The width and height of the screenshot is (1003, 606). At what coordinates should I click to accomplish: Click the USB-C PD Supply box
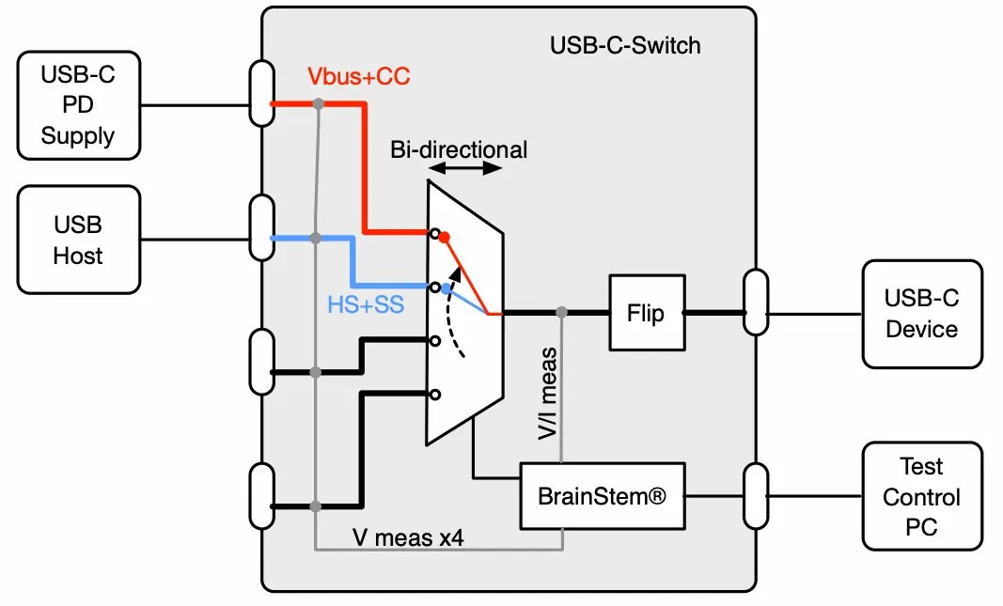tap(78, 105)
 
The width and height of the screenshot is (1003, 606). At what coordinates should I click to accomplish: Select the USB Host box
tap(78, 241)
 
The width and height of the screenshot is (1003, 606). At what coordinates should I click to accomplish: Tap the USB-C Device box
tap(921, 314)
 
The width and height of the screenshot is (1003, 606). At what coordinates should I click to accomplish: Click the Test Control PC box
tap(921, 497)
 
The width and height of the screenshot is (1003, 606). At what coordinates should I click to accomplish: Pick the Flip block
tap(646, 313)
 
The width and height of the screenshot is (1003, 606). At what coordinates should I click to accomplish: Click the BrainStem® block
tap(602, 495)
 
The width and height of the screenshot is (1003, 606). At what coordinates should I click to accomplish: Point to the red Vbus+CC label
tap(359, 77)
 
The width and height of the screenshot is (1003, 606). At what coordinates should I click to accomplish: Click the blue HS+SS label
tap(366, 304)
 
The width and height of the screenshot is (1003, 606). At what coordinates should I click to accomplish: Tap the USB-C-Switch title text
tap(625, 45)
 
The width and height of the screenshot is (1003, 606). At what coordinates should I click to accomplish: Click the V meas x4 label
tap(408, 538)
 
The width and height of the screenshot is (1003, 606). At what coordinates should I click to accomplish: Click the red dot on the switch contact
tap(445, 238)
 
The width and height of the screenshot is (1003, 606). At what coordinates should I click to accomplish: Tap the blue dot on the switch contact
tap(446, 289)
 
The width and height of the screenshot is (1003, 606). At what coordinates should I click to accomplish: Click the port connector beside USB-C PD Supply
tap(262, 93)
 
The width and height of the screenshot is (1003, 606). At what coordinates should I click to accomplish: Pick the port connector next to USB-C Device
tap(755, 302)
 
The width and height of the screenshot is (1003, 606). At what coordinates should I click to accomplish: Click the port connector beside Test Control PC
tap(755, 495)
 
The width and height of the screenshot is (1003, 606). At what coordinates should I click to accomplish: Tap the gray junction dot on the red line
tap(319, 103)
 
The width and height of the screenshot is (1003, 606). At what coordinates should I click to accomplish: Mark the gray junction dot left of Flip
tap(561, 312)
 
